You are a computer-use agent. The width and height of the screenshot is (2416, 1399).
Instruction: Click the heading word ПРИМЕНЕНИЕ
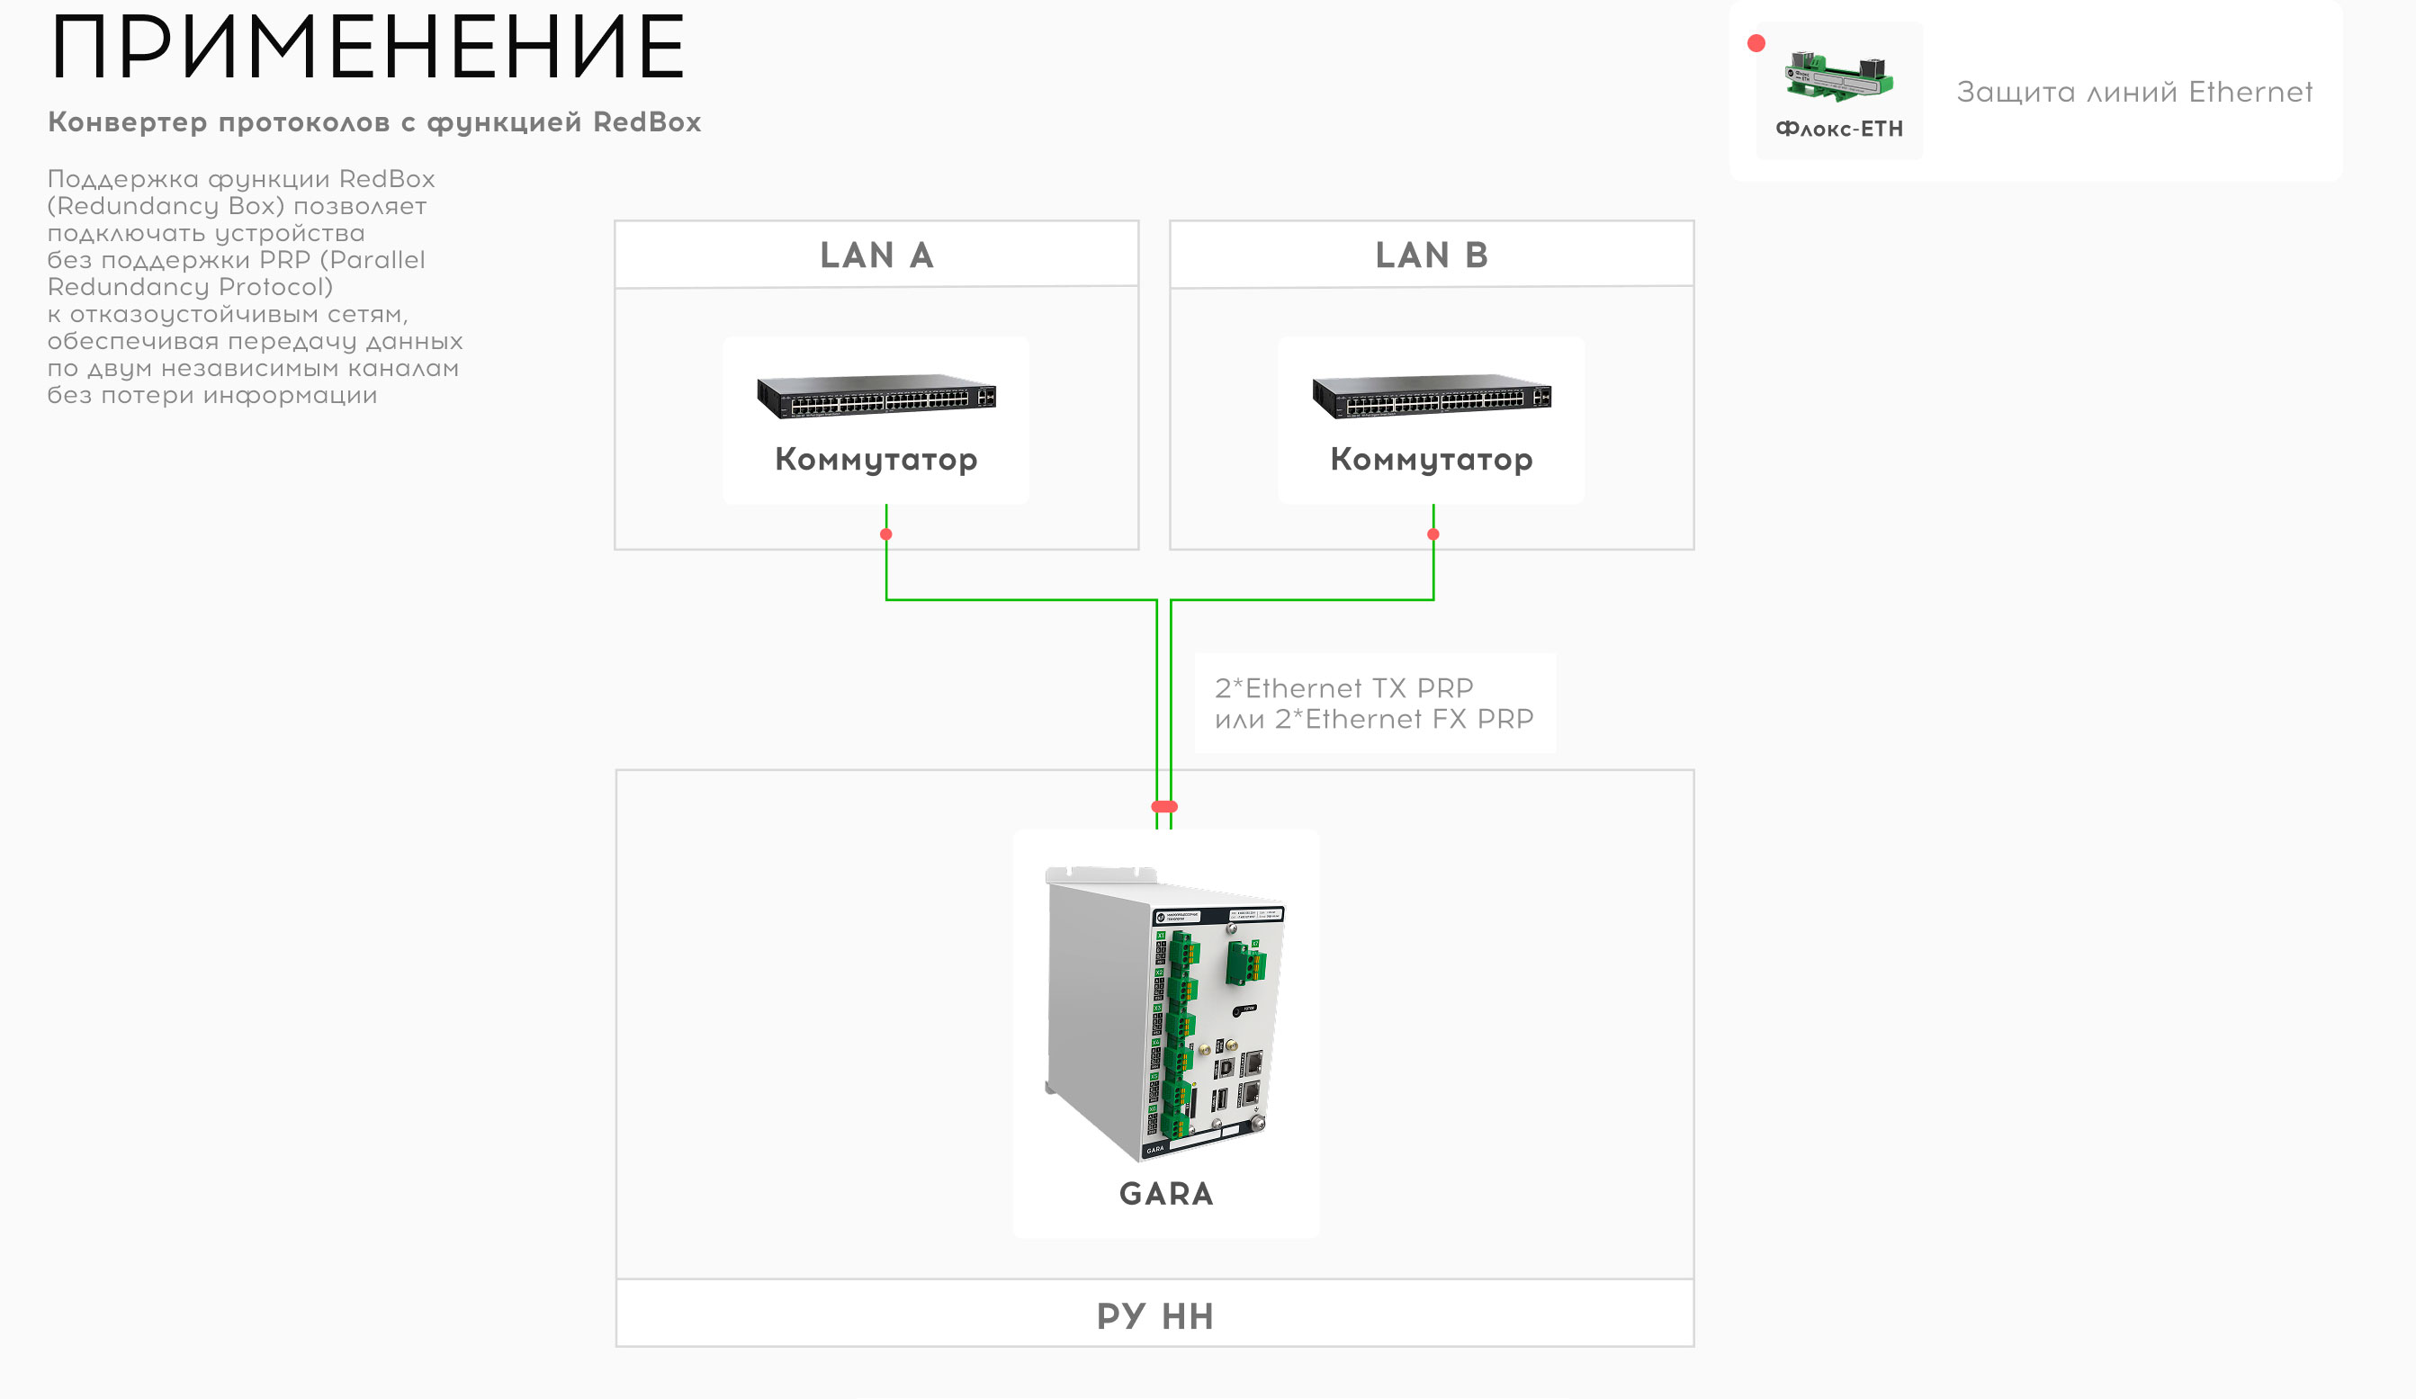[367, 48]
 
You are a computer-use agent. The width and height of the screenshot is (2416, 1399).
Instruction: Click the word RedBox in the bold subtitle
[646, 122]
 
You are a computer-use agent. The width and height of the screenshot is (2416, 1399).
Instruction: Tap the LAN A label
[876, 256]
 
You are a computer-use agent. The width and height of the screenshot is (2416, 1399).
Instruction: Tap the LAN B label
[1432, 256]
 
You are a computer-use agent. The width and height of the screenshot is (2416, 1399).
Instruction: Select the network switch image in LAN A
[876, 396]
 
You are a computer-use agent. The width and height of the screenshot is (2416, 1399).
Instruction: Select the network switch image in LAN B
[1432, 396]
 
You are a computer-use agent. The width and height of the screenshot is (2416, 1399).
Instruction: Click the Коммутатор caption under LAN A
[876, 460]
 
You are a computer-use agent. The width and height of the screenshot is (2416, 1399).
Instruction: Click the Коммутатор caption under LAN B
[1432, 460]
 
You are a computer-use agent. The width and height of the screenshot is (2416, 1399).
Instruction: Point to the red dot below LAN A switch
[885, 534]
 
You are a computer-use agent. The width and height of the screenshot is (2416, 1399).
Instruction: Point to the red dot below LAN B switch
[1433, 534]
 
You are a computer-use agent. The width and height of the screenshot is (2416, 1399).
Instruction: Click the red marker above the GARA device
[1163, 806]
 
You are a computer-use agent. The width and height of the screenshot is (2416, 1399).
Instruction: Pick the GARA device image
[1166, 1011]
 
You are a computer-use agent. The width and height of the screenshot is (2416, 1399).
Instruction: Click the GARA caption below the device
[1166, 1194]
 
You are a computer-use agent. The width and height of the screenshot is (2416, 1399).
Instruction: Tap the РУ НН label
[1155, 1316]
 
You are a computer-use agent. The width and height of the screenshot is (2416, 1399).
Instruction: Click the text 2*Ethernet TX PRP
[1343, 688]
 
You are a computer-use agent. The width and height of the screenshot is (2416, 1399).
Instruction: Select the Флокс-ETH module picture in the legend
[1839, 77]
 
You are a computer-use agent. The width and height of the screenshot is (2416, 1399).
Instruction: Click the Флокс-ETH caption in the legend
[1839, 130]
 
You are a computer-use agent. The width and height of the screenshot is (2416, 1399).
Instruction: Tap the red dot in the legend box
[1756, 43]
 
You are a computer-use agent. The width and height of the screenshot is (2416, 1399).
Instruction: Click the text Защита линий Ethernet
[2134, 92]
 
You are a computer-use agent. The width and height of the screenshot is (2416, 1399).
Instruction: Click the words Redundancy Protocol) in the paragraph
[190, 287]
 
